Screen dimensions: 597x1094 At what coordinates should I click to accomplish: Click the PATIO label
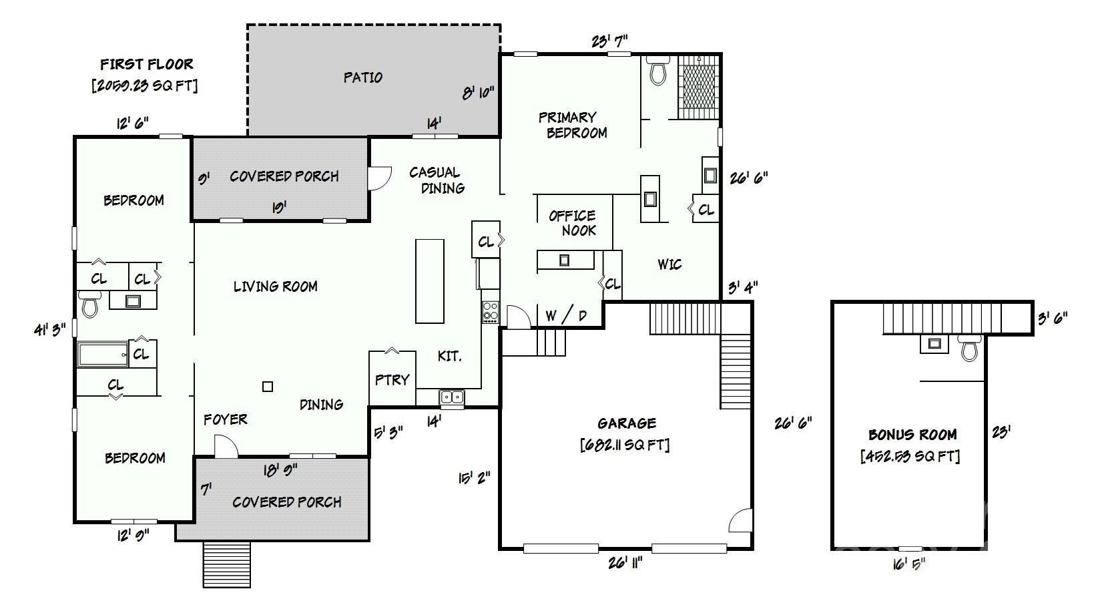point(363,77)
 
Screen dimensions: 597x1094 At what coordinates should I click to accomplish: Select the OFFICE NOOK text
point(573,222)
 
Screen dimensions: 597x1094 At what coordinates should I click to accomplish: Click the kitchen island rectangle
point(430,280)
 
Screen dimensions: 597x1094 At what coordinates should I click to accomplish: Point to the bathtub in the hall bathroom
point(103,354)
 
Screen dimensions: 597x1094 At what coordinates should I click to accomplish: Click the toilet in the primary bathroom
point(659,71)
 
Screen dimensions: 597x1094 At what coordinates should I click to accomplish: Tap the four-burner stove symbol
point(491,312)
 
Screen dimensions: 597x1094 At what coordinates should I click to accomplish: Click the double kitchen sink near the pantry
point(452,397)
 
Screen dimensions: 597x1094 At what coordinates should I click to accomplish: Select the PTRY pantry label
point(392,379)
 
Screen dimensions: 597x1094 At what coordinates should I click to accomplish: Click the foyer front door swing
point(226,446)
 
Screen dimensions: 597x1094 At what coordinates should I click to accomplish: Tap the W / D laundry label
point(565,316)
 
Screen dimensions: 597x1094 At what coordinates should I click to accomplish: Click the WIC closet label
point(669,264)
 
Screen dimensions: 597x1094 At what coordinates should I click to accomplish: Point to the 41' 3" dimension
point(50,329)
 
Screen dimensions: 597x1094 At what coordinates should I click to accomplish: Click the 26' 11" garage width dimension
point(625,563)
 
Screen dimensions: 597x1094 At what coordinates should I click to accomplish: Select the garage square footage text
point(625,444)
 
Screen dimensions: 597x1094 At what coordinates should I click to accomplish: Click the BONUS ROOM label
point(912,435)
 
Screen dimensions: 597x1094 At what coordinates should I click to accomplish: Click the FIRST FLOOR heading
point(147,64)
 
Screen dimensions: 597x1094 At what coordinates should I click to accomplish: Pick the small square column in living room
point(268,386)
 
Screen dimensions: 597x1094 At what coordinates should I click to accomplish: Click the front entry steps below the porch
point(226,564)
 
